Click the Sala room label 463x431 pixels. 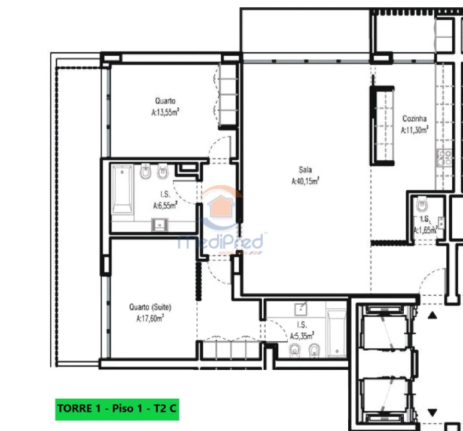(x=306, y=169)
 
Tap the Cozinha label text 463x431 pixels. (x=414, y=118)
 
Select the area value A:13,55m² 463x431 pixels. (x=166, y=112)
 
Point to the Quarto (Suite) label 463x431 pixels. (x=150, y=307)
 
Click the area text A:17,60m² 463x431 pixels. (x=150, y=318)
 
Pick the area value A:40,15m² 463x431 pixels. (x=305, y=181)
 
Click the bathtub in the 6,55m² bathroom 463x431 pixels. (x=123, y=189)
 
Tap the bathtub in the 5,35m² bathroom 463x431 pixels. (x=336, y=332)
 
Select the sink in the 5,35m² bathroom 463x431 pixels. (x=301, y=309)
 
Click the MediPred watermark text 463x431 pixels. (x=221, y=242)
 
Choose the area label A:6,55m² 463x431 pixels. (x=166, y=205)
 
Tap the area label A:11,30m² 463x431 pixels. (x=414, y=129)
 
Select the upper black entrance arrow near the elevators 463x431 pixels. (x=432, y=314)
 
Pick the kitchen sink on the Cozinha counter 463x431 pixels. (x=444, y=158)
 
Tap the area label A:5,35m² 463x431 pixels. (x=301, y=336)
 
